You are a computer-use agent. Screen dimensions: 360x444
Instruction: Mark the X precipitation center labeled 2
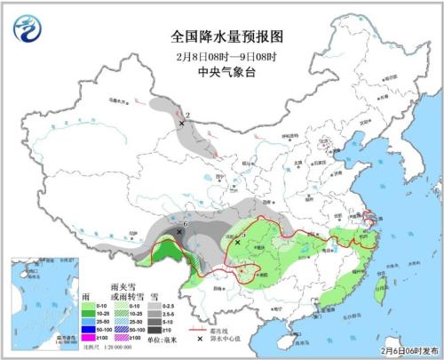click(181, 124)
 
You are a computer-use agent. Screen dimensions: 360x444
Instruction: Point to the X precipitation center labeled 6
click(180, 231)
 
